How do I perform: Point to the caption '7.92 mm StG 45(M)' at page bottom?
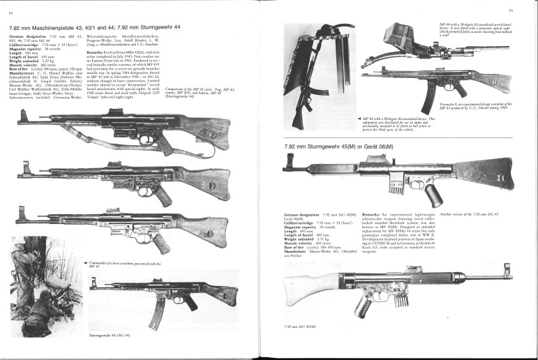pos(299,326)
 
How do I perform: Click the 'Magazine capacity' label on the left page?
pos(24,48)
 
